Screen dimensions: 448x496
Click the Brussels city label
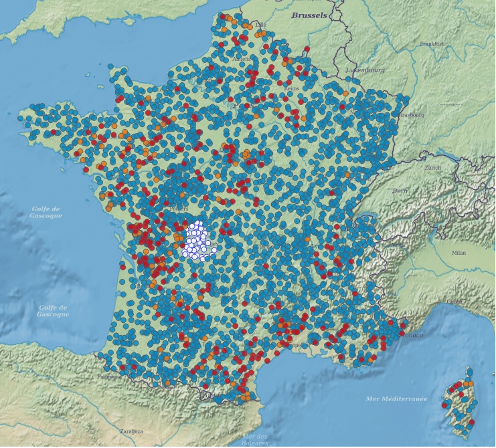309,15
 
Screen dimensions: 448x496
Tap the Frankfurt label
432,43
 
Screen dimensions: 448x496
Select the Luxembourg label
365,70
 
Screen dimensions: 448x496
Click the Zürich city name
432,168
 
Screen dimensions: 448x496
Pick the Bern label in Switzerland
400,191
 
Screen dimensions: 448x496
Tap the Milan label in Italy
459,253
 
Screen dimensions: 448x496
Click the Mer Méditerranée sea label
396,399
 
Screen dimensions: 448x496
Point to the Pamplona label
109,376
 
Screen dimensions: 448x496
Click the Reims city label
291,88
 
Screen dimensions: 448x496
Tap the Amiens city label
242,59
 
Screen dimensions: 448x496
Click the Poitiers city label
179,208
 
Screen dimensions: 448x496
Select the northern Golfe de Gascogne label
47,213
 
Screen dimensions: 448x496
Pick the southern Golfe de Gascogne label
52,311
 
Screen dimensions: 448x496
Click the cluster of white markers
199,241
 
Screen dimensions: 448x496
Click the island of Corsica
459,405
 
